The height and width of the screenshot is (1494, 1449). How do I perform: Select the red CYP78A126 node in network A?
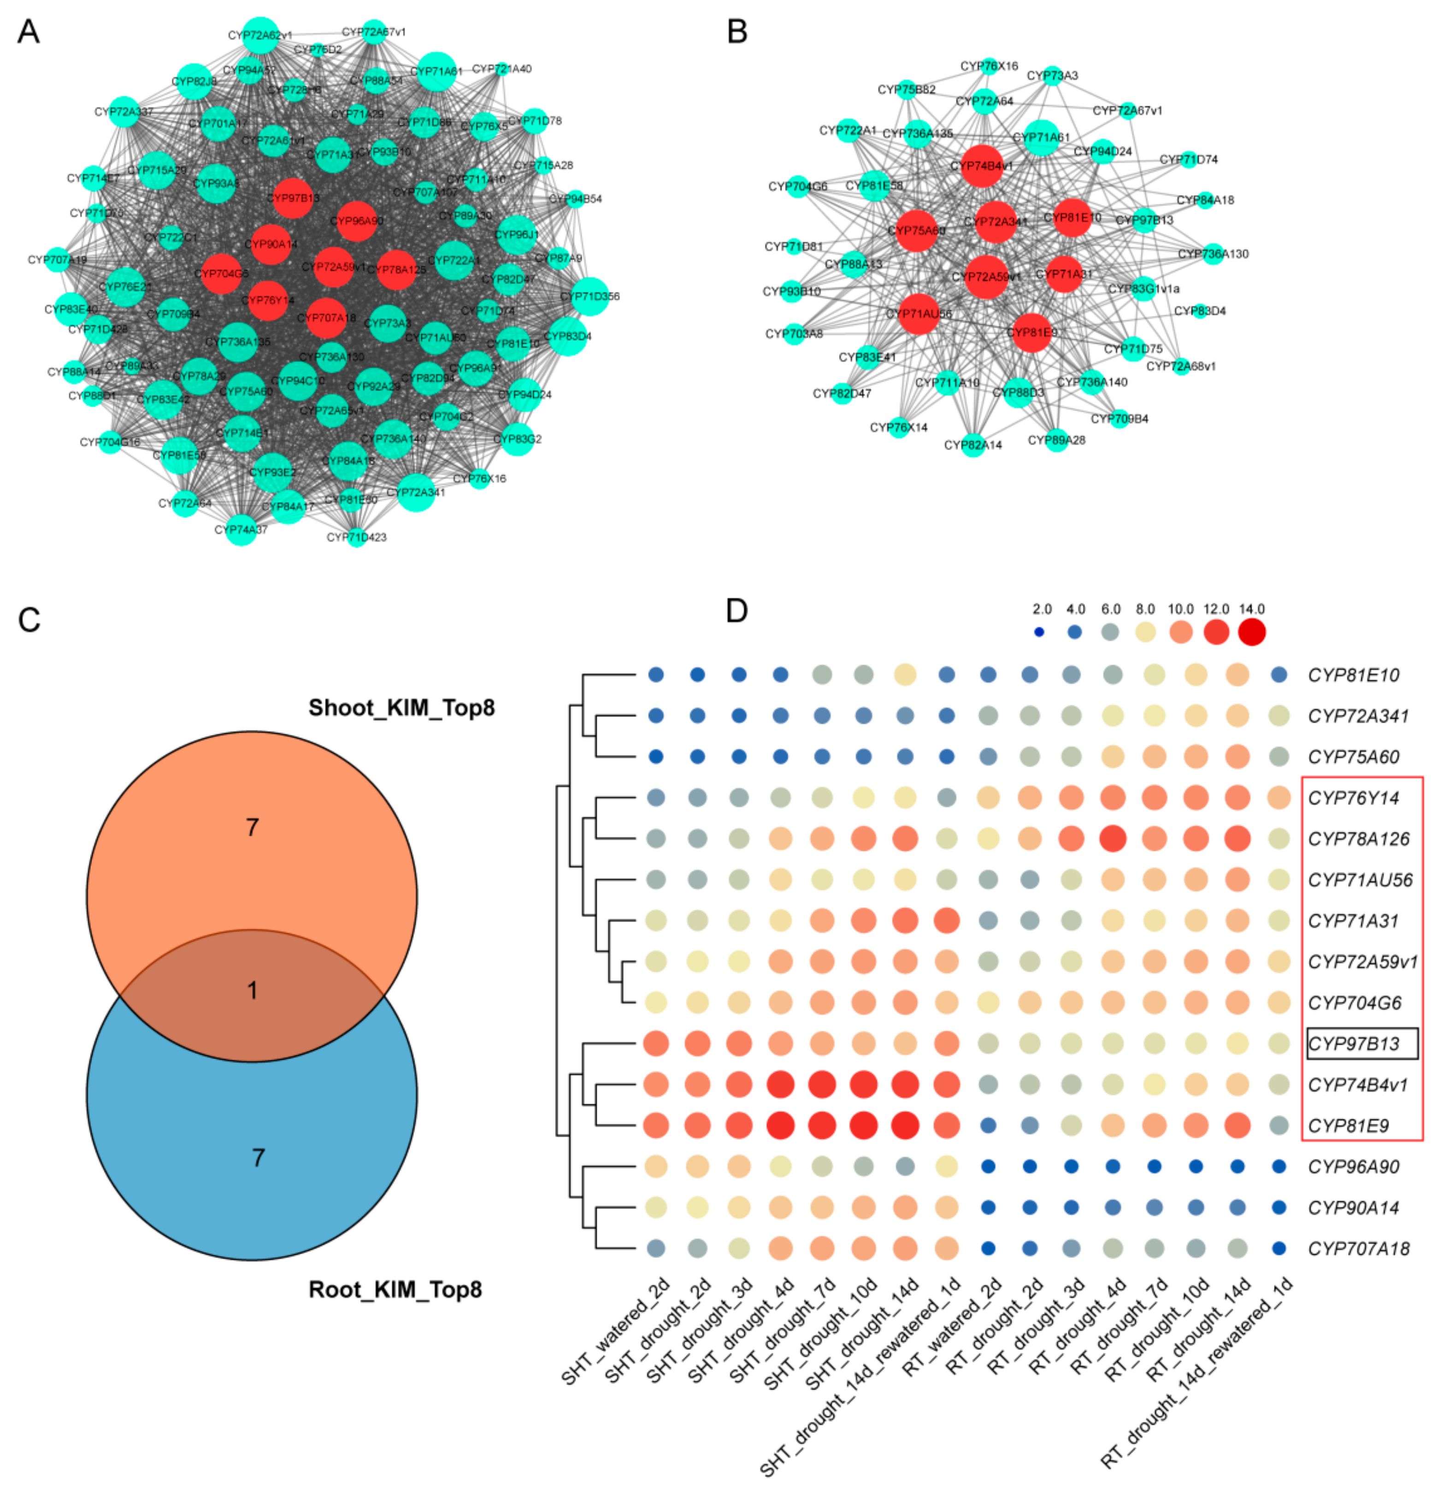396,269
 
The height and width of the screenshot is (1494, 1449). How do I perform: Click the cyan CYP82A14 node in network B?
974,445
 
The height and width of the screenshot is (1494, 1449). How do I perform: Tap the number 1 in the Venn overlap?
252,990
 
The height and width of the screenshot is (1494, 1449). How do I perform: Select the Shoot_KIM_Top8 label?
401,708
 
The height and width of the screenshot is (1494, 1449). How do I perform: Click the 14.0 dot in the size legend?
1252,632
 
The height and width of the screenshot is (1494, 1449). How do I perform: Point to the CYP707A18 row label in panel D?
1358,1249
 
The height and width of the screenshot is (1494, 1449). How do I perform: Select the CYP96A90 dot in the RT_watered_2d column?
988,1166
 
